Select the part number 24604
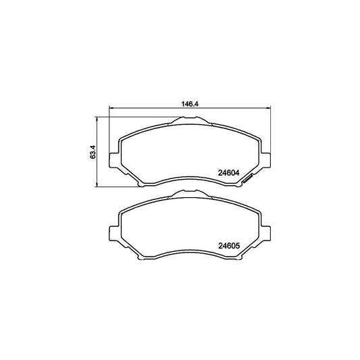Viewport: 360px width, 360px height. (230, 173)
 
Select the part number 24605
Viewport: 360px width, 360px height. (230, 245)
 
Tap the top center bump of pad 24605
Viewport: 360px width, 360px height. (192, 194)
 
